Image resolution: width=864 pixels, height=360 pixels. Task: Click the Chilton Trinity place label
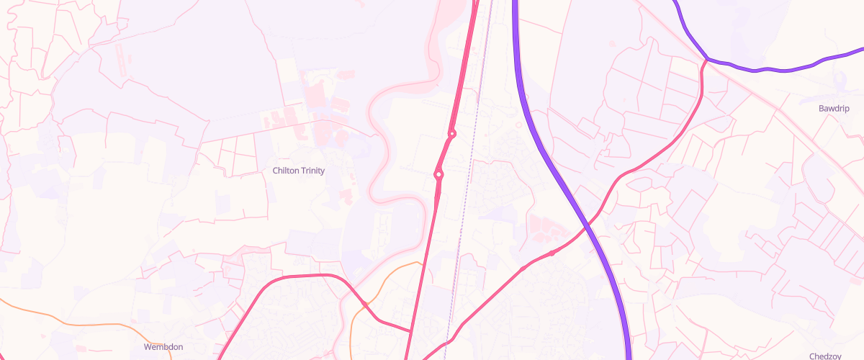[299, 171]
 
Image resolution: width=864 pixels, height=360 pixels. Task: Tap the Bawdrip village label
[834, 109]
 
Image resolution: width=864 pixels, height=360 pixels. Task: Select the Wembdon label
[163, 347]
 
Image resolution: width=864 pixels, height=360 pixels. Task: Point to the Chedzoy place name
[826, 356]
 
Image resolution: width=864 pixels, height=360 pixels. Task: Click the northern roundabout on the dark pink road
[452, 134]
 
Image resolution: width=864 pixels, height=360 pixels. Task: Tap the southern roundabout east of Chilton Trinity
[438, 174]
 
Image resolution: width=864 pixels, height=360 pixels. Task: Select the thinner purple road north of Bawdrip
[763, 70]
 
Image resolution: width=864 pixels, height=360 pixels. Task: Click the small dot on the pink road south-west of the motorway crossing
[552, 253]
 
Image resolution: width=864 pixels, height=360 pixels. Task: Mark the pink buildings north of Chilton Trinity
[317, 101]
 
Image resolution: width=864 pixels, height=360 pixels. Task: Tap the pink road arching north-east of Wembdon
[302, 276]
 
